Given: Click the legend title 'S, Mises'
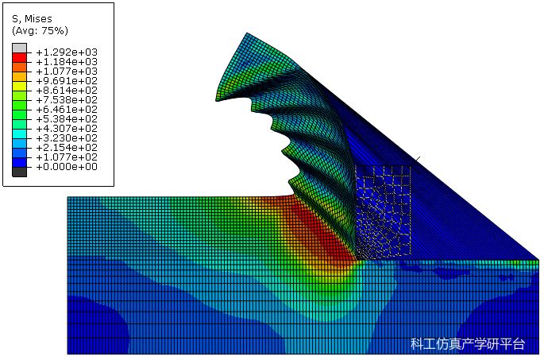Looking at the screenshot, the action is click(32, 19).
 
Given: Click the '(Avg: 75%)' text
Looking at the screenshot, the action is click(40, 31).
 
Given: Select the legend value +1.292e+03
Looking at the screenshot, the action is click(67, 52).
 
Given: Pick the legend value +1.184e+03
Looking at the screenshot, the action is click(67, 62).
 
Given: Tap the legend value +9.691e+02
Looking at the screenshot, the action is click(67, 81).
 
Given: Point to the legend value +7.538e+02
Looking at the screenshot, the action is click(67, 100).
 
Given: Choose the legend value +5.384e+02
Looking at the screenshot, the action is click(67, 119).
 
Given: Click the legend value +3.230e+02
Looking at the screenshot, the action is click(67, 138).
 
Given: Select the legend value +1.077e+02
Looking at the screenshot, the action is click(67, 157).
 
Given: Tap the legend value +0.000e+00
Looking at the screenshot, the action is click(67, 167).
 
